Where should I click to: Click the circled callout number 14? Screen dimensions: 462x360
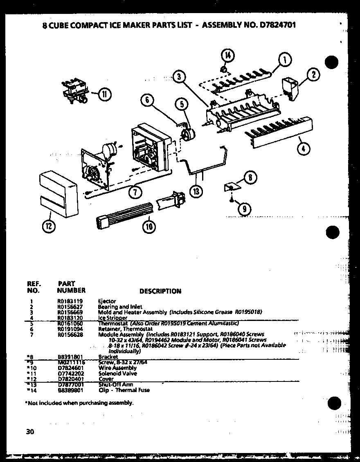(x=227, y=55)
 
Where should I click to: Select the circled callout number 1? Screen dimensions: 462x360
(x=285, y=60)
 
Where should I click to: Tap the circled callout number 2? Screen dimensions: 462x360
(x=313, y=74)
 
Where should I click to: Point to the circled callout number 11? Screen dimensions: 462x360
(x=104, y=94)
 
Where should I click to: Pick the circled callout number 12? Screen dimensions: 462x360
(x=49, y=225)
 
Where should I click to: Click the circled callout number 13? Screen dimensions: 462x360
(x=197, y=191)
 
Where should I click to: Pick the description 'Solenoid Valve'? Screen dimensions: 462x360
(x=118, y=373)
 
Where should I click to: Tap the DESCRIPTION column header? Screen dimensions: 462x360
(x=160, y=291)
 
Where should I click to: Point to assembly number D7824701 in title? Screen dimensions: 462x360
(x=275, y=25)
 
